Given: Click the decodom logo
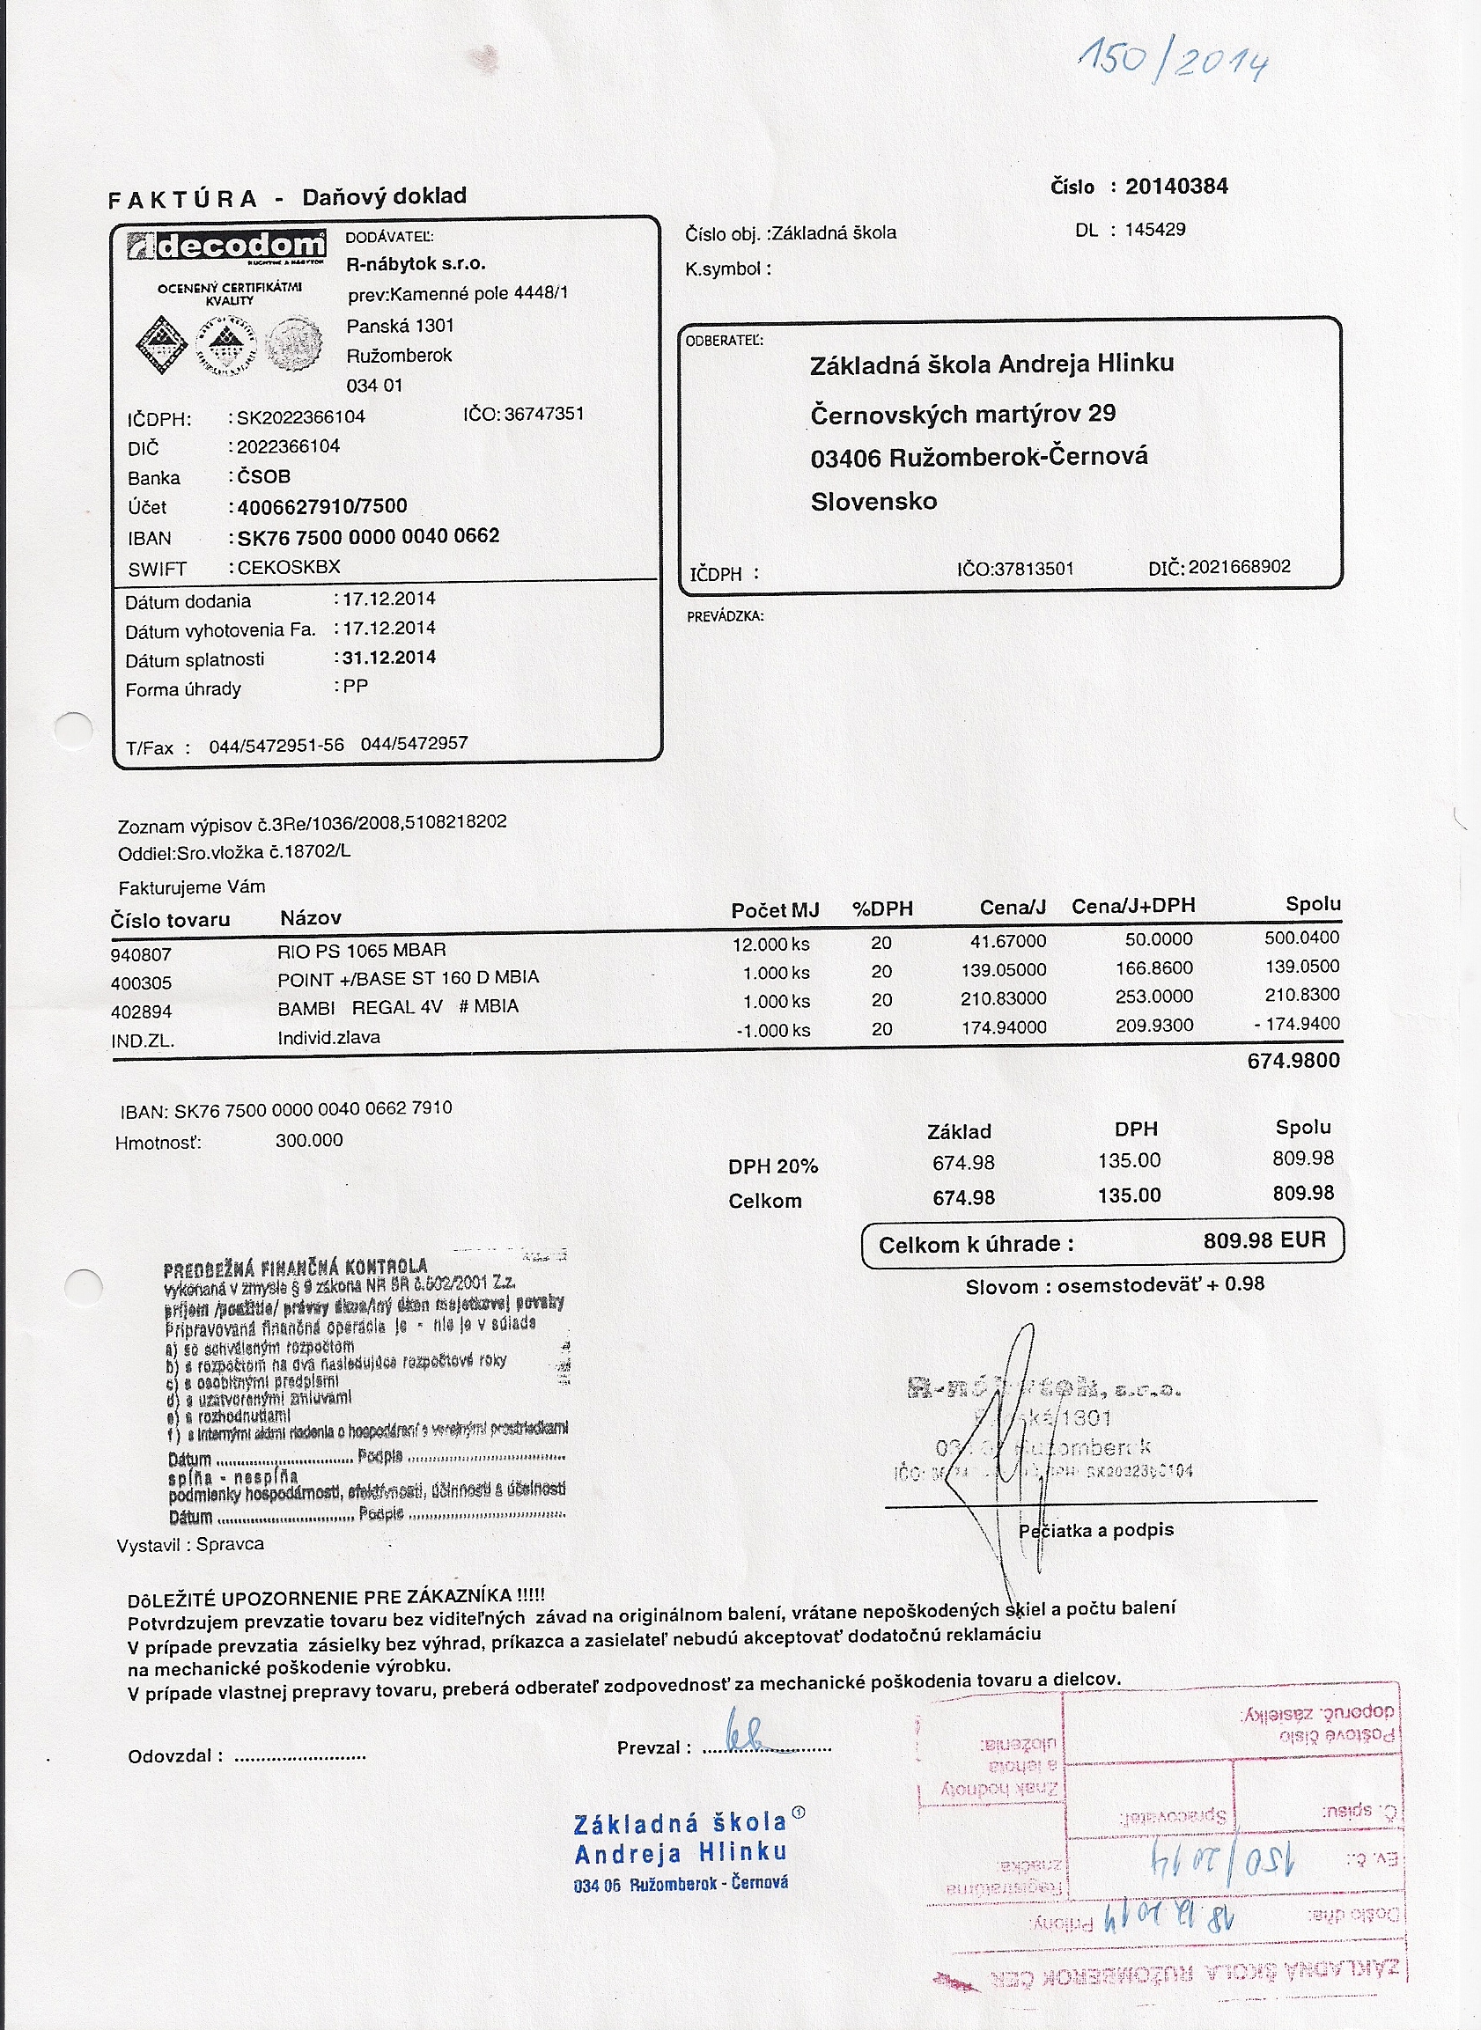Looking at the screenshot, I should click(226, 246).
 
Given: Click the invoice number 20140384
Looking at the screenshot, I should click(1176, 187).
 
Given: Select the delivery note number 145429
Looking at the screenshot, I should click(1154, 230).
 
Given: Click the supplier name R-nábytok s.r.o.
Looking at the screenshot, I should click(416, 264).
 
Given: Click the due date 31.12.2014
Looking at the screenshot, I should click(389, 657).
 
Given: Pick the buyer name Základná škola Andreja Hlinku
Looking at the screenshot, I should click(991, 364).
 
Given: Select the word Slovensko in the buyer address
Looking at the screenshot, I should click(874, 501).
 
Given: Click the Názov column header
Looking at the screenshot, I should click(310, 918).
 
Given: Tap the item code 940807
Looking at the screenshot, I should click(141, 954).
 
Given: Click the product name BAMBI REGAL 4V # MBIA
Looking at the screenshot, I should click(398, 1007).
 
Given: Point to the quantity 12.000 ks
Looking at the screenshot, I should click(771, 945).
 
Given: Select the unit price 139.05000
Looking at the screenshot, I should click(1003, 970).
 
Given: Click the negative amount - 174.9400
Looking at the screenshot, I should click(1296, 1024).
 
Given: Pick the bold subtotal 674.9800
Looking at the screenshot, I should click(1293, 1060).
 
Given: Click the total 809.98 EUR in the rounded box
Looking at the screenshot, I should click(1264, 1240).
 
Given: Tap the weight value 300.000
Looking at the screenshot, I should click(309, 1140).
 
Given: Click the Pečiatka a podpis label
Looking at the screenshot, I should click(1095, 1530).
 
